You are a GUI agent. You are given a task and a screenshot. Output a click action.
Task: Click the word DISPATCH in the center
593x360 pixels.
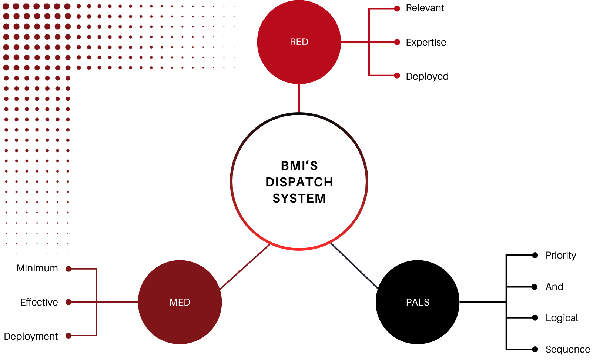click(x=299, y=182)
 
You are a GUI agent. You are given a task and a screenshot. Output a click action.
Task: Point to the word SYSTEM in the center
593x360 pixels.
click(x=299, y=199)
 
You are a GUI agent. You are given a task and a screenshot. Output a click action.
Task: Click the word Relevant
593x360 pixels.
click(x=425, y=8)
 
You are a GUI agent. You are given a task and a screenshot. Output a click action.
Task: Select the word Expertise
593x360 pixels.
click(x=426, y=42)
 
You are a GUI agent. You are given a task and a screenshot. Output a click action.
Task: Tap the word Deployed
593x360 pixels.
click(x=427, y=76)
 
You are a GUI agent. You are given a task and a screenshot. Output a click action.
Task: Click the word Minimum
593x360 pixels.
click(x=37, y=268)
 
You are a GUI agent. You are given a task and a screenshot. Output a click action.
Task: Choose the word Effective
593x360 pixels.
click(x=39, y=302)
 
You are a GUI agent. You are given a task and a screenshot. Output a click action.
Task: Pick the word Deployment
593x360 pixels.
click(x=31, y=336)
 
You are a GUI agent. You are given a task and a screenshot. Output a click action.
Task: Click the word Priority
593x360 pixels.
click(x=561, y=256)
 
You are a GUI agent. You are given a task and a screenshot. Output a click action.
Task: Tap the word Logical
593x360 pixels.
click(x=562, y=318)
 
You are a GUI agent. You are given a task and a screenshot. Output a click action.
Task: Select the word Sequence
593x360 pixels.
click(x=567, y=349)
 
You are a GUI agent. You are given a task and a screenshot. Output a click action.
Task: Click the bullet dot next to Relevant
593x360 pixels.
click(x=397, y=9)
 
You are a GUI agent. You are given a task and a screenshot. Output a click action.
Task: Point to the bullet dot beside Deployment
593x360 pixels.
click(x=68, y=336)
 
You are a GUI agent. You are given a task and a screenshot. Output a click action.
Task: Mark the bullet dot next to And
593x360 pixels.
click(x=535, y=287)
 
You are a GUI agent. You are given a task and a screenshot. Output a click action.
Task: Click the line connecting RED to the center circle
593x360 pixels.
click(x=299, y=98)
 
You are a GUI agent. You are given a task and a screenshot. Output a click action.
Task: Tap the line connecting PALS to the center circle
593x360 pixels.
click(x=354, y=266)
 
